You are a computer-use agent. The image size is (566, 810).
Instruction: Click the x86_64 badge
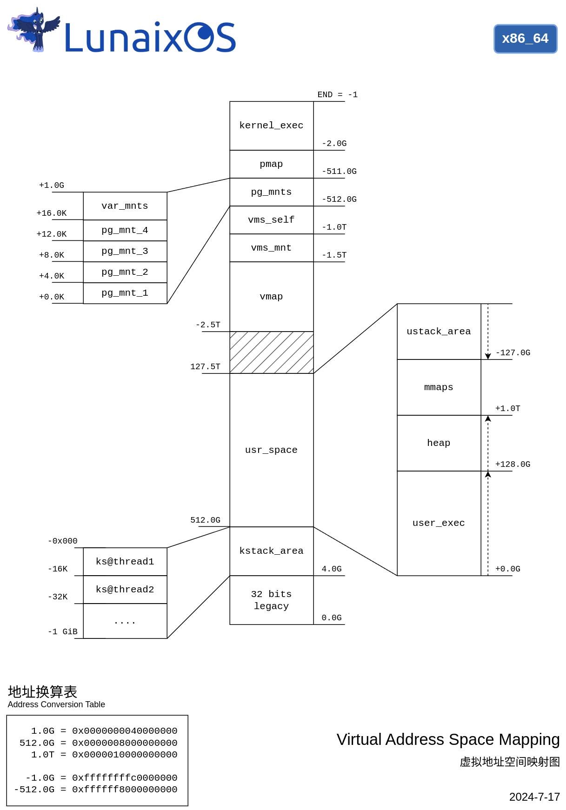click(x=525, y=39)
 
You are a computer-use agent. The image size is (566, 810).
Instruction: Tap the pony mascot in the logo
click(x=34, y=29)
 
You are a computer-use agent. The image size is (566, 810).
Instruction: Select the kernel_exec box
click(x=271, y=126)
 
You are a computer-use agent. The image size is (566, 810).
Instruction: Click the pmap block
click(x=271, y=164)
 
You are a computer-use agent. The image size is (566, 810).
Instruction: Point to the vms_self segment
click(x=271, y=220)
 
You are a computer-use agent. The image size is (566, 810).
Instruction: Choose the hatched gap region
click(x=271, y=352)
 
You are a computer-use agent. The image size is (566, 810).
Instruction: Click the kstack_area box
click(x=271, y=551)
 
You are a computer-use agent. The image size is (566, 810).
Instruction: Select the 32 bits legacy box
click(x=271, y=600)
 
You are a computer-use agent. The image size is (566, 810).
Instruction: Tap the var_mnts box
click(x=125, y=206)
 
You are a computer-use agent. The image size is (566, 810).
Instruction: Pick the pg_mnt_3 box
click(x=125, y=251)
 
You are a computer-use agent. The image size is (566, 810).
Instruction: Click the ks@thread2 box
click(x=125, y=590)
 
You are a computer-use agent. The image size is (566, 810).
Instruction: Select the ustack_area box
click(x=439, y=332)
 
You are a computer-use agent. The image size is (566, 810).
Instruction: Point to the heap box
click(x=439, y=443)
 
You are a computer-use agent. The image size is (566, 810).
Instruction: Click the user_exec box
click(x=439, y=523)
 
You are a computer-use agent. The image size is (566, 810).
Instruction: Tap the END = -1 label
click(x=337, y=95)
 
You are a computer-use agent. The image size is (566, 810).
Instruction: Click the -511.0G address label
click(x=339, y=172)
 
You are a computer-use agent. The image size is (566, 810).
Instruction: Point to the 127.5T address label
click(x=205, y=367)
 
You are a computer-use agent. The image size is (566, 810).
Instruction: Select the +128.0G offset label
click(x=513, y=465)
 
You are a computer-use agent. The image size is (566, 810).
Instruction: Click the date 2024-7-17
click(x=534, y=797)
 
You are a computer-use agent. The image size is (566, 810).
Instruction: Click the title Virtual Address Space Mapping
click(x=448, y=739)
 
